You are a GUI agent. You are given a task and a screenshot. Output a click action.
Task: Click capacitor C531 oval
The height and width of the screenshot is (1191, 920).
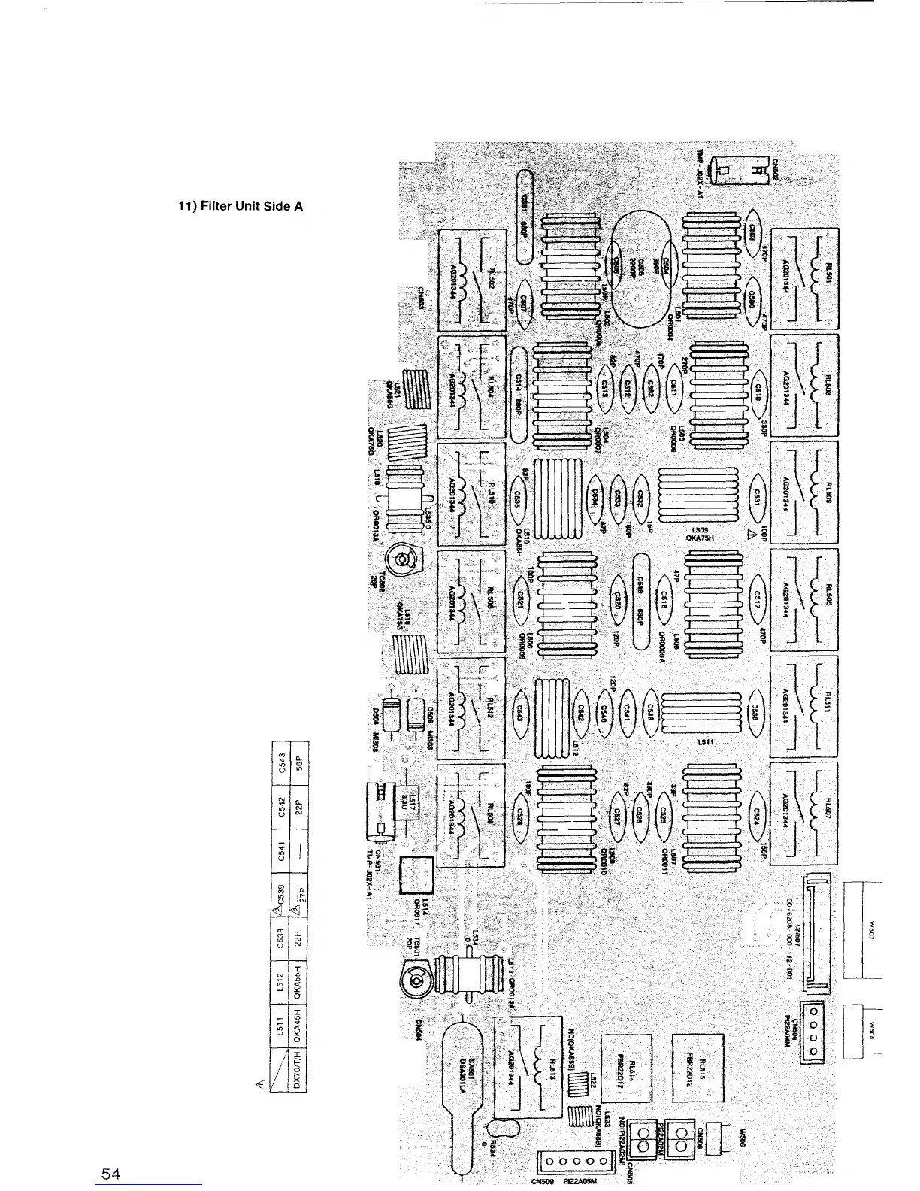coord(757,495)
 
